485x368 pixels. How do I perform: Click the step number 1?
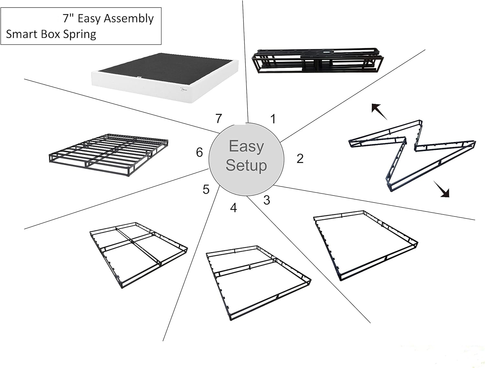tap(273, 119)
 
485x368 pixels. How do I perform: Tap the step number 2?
tap(300, 159)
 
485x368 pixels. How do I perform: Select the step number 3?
tap(266, 200)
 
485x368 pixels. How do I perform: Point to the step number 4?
tap(233, 208)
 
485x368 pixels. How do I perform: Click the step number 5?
tap(206, 189)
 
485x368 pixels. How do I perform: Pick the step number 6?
tap(199, 152)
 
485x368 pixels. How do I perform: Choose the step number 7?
tap(219, 119)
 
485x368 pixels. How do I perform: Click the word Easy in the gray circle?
tap(246, 146)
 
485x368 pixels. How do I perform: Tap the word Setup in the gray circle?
tap(246, 165)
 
